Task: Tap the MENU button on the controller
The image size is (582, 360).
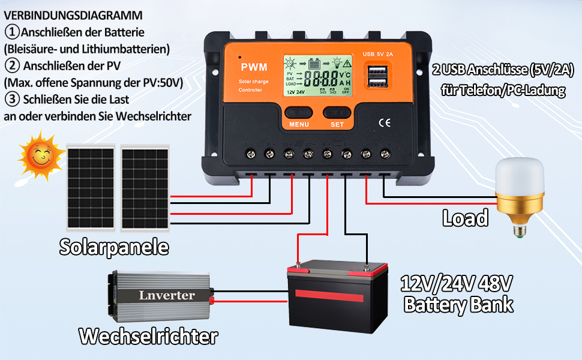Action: pyautogui.click(x=298, y=113)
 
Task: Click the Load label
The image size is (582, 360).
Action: pyautogui.click(x=465, y=218)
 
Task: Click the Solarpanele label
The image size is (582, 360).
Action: pyautogui.click(x=114, y=247)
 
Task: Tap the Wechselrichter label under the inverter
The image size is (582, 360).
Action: pyautogui.click(x=148, y=336)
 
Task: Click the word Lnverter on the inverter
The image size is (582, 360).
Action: pyautogui.click(x=167, y=295)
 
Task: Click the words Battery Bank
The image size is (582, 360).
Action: pyautogui.click(x=458, y=304)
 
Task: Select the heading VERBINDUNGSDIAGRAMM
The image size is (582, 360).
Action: pyautogui.click(x=73, y=15)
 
